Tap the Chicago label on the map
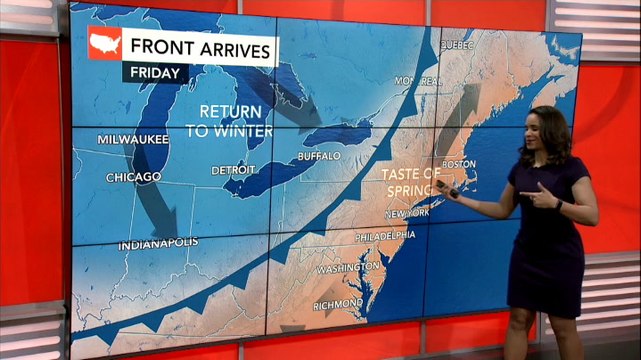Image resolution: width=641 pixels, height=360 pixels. click(134, 177)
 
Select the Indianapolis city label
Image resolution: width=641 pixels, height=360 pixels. click(158, 244)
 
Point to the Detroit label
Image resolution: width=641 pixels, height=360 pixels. click(233, 170)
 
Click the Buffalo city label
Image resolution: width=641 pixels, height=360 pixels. click(320, 156)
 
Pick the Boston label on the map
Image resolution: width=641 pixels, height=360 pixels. click(458, 163)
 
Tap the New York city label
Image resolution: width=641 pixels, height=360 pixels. click(407, 213)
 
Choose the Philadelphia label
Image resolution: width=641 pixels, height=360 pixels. click(385, 236)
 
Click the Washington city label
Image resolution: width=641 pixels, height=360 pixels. click(348, 268)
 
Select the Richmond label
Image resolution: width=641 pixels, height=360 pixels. click(338, 302)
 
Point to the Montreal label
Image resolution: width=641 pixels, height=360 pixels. click(418, 80)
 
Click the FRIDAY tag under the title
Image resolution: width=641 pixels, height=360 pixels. click(156, 73)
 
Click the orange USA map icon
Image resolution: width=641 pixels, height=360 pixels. click(105, 42)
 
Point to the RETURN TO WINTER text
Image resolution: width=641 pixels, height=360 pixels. click(230, 119)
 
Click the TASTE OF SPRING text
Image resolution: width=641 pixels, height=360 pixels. click(410, 181)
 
